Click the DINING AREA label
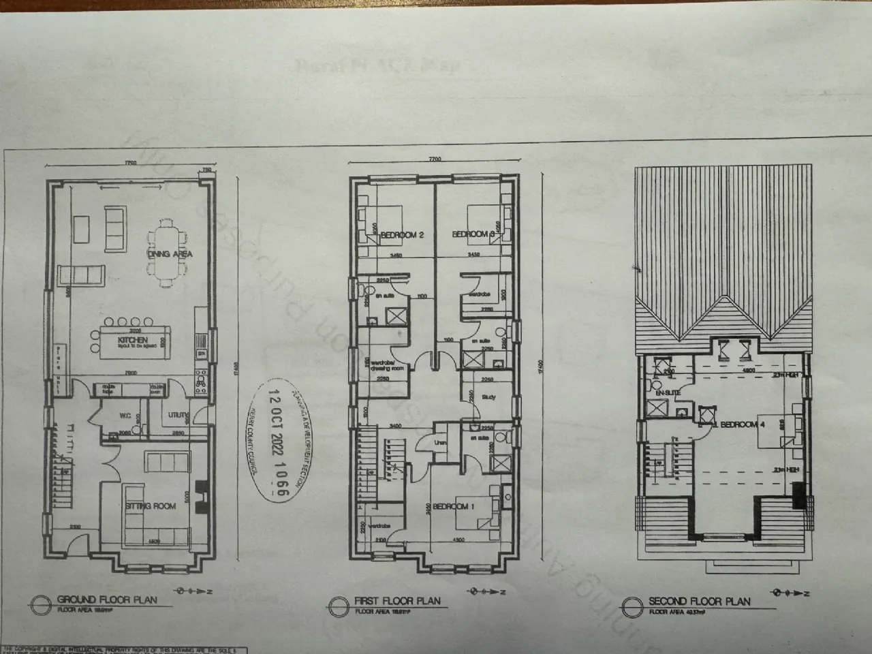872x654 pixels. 170,254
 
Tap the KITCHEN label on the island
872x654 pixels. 133,340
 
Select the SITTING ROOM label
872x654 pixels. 151,506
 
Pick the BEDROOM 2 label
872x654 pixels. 402,235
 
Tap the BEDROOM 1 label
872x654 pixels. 450,506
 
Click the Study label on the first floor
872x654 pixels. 488,397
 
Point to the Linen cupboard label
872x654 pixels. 441,443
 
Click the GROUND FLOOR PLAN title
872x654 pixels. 107,599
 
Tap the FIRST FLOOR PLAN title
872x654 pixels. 397,602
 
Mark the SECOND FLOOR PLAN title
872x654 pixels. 699,602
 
